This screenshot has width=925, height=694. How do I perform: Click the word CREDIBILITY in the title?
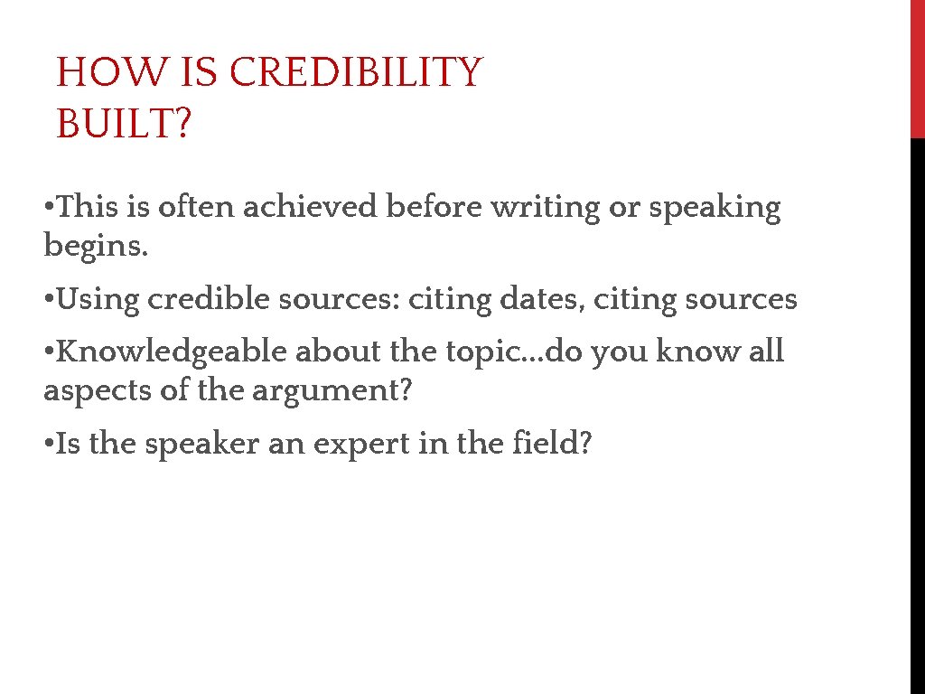click(356, 72)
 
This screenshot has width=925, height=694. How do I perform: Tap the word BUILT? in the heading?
click(124, 124)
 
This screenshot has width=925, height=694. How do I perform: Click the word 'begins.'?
click(96, 245)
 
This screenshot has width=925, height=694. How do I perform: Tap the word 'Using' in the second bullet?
click(97, 299)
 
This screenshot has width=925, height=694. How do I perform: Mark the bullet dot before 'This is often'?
click(49, 209)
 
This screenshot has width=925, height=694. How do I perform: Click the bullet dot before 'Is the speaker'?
click(49, 445)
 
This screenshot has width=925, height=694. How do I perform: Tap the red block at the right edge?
click(917, 69)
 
